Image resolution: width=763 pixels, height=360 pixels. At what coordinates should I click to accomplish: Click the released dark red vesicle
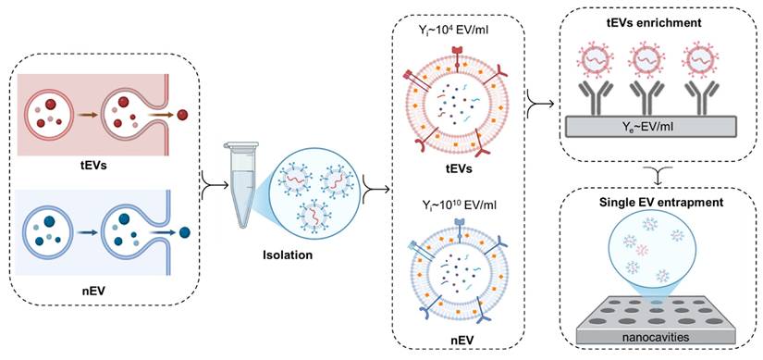coord(183,115)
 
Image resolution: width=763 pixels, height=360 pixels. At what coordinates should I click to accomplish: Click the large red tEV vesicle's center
coord(458,100)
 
